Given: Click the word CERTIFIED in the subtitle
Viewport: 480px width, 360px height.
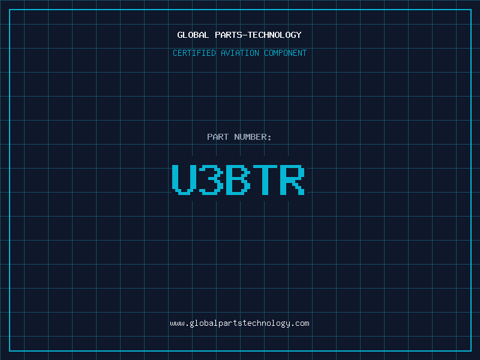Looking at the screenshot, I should (x=194, y=53).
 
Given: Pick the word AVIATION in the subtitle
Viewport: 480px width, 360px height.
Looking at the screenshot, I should (x=239, y=53).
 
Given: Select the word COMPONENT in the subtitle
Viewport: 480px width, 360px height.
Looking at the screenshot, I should (x=285, y=53).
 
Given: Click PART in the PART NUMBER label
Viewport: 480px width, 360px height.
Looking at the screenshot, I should (x=218, y=137).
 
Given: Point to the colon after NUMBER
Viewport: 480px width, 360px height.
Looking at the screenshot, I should (x=269, y=137).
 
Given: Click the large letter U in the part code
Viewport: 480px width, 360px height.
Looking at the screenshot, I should (x=184, y=179).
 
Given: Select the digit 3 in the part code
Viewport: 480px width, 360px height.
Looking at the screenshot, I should (x=211, y=179).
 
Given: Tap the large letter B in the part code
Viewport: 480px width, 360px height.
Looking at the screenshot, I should (x=238, y=179).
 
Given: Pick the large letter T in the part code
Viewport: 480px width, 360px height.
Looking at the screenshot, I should (x=265, y=179).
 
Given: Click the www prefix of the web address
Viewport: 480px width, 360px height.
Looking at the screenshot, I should (x=177, y=323).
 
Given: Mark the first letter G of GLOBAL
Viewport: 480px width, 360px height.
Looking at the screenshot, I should (x=180, y=35).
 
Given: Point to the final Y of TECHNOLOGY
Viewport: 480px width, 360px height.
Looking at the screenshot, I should (x=299, y=35).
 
